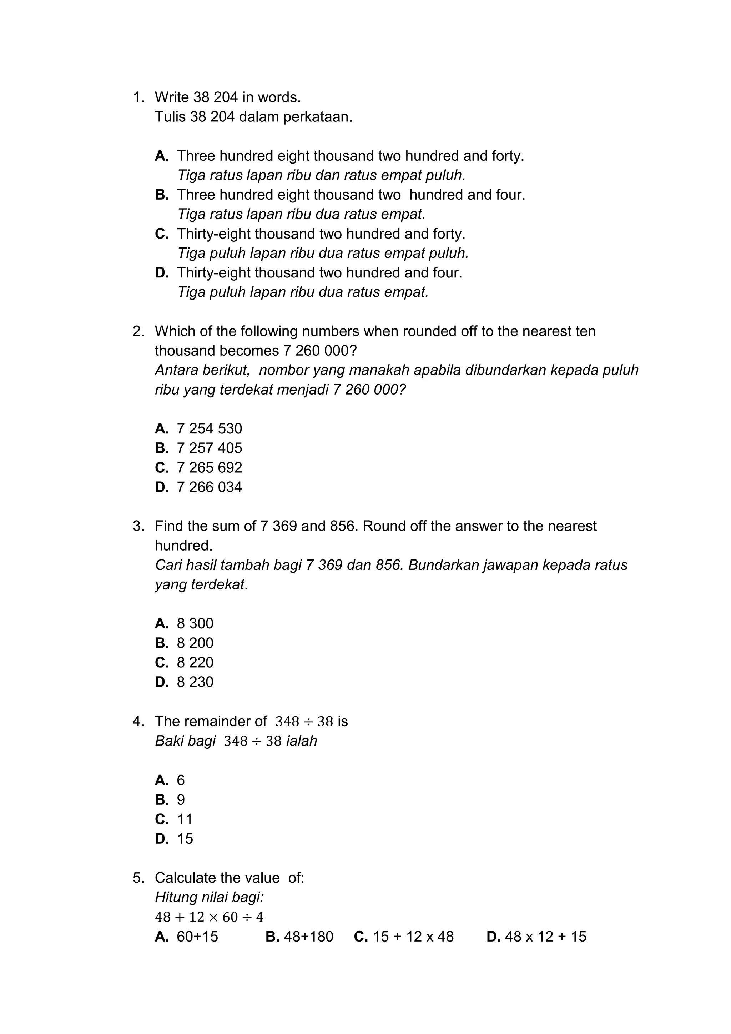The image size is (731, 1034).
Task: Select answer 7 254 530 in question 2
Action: point(209,428)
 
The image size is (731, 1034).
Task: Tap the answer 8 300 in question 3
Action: point(195,623)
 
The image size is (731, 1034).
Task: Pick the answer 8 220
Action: point(195,662)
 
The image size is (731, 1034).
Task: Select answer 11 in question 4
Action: point(185,819)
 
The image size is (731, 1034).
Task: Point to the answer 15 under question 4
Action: point(185,839)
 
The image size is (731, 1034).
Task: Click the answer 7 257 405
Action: point(209,448)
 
